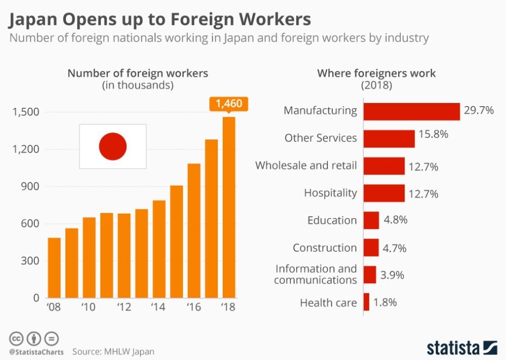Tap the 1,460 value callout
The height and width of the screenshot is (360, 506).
[x=229, y=103]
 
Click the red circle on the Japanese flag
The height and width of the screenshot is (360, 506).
[x=113, y=146]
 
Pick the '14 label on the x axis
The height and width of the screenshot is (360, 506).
[x=158, y=307]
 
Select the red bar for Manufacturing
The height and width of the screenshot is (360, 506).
[x=411, y=111]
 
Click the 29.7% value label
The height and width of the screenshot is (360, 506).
[x=479, y=111]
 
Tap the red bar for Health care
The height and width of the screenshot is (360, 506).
[x=367, y=302]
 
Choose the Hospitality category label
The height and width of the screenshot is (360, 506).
[x=330, y=193]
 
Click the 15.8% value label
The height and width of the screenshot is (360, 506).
[x=433, y=134]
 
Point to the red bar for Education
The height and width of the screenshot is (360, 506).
[x=371, y=221]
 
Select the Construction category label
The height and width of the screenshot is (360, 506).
[x=325, y=248]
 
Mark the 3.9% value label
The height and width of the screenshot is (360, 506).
[x=392, y=275]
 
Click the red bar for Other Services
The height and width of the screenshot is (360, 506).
[x=389, y=138]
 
